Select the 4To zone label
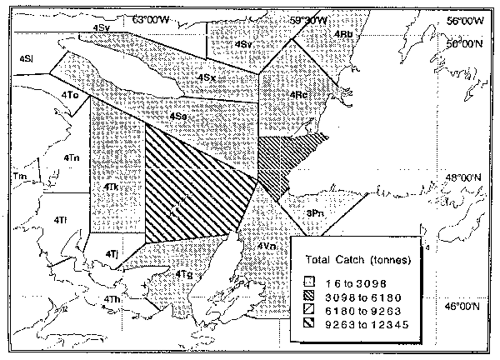tap(70, 97)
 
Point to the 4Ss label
tap(177, 116)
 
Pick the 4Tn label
tap(71, 157)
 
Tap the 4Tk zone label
tap(113, 189)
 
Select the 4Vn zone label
tap(267, 247)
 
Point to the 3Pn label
tap(314, 213)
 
